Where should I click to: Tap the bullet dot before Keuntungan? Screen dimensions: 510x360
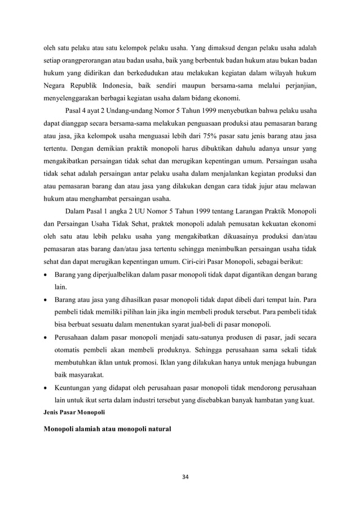46,389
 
